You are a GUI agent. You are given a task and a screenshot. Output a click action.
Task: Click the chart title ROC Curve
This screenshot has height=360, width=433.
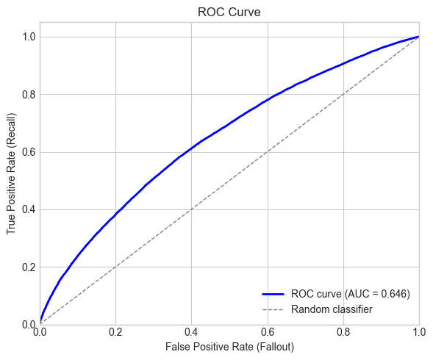pos(229,12)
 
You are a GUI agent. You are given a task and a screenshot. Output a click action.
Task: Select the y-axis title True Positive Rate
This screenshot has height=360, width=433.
pos(12,180)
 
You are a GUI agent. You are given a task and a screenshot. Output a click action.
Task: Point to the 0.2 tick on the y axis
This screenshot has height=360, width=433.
pos(28,267)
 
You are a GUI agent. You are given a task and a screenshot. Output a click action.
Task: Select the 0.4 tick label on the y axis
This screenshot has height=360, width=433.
pos(28,209)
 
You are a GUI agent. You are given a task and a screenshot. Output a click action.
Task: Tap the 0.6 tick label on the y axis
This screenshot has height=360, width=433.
pos(28,152)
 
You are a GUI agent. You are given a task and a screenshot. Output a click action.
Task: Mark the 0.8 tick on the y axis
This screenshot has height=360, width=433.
pos(28,94)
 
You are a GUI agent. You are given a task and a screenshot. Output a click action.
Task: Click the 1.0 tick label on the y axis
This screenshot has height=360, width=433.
pos(28,37)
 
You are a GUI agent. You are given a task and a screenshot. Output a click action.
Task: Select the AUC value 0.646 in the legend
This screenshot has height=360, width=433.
pos(393,294)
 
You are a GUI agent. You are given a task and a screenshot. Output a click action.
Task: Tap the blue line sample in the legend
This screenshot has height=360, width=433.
pos(273,294)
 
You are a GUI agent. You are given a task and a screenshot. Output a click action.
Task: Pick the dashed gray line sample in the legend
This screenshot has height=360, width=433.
pos(273,309)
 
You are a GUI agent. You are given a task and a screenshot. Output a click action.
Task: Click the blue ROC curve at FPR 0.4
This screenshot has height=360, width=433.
pos(191,149)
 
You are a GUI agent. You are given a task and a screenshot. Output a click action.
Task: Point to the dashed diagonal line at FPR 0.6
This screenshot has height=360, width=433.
pos(268,151)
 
